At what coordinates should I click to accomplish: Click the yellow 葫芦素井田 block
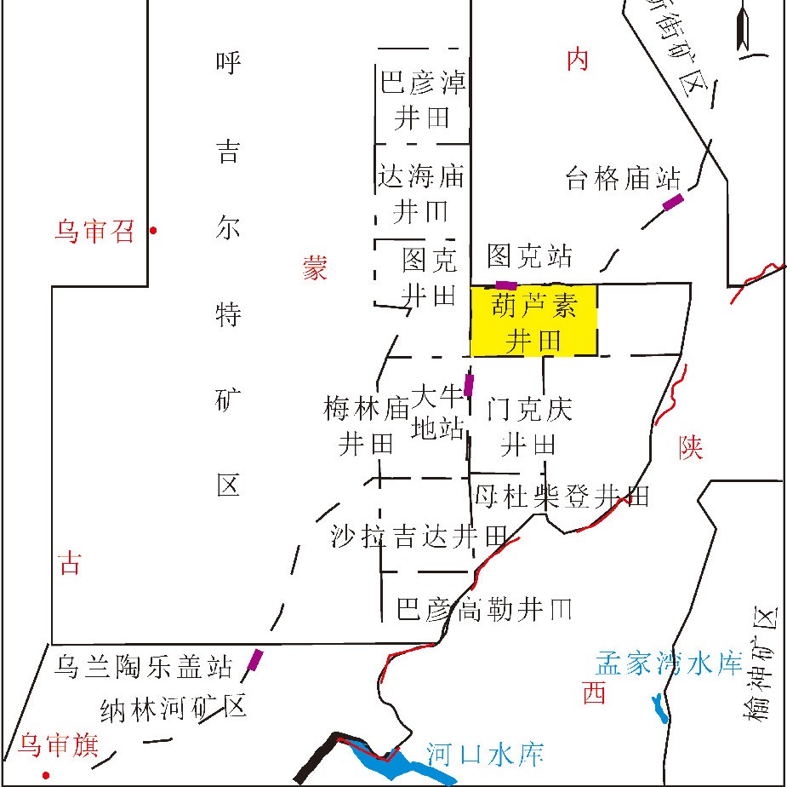pyautogui.click(x=534, y=320)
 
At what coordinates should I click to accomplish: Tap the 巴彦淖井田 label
pyautogui.click(x=422, y=100)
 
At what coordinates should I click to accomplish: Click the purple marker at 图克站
pyautogui.click(x=506, y=284)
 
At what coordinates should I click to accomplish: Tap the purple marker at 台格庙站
pyautogui.click(x=673, y=202)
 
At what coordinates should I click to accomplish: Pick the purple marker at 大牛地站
pyautogui.click(x=468, y=385)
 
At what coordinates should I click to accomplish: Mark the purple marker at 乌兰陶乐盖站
pyautogui.click(x=255, y=660)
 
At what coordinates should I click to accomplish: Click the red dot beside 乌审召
pyautogui.click(x=153, y=230)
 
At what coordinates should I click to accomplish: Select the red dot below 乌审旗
pyautogui.click(x=46, y=775)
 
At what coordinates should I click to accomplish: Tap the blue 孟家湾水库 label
pyautogui.click(x=669, y=663)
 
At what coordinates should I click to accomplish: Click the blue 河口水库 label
pyautogui.click(x=484, y=754)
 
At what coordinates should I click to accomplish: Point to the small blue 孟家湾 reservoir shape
pyautogui.click(x=659, y=708)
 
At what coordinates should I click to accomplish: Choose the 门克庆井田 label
pyautogui.click(x=529, y=426)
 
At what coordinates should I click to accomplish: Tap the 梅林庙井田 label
pyautogui.click(x=367, y=426)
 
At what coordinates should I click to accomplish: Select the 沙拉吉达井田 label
pyautogui.click(x=424, y=536)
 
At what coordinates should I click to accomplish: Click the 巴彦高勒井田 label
pyautogui.click(x=484, y=608)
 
